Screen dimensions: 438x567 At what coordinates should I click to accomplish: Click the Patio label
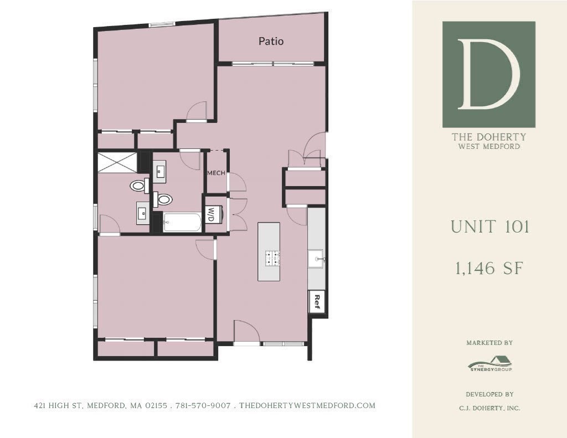point(271,42)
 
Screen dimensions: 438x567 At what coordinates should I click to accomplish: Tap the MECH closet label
point(216,173)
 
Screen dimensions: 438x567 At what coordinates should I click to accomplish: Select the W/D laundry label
point(210,214)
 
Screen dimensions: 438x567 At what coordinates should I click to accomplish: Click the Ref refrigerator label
point(317,301)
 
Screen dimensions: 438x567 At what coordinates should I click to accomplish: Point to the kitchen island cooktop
point(271,258)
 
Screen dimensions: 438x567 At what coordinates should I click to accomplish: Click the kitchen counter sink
point(317,258)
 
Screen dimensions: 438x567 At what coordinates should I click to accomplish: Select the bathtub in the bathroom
point(182,223)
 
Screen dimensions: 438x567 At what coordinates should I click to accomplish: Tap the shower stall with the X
point(117,163)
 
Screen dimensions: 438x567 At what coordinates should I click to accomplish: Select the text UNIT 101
point(489,227)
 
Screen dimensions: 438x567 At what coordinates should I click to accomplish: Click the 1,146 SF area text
point(489,269)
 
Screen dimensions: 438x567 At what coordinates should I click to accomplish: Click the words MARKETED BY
point(489,343)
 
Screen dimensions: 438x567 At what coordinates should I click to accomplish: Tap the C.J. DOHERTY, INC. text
point(489,408)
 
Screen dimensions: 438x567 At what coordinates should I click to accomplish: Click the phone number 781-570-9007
point(203,406)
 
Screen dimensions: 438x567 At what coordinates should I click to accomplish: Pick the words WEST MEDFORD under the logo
point(489,147)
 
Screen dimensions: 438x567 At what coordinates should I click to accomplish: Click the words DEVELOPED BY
point(489,394)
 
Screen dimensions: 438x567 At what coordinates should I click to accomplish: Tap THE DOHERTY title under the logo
point(489,137)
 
